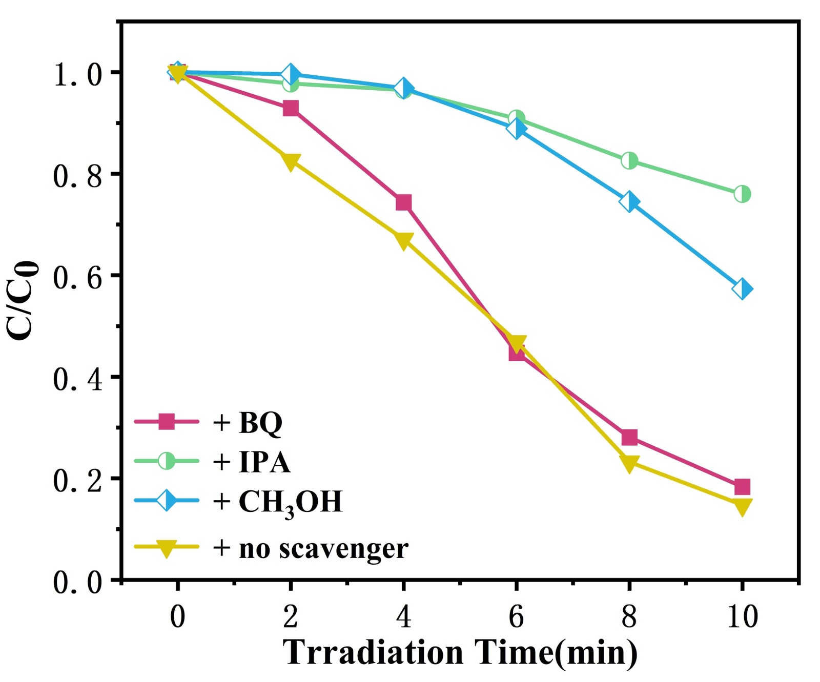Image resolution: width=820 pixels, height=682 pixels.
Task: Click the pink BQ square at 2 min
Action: tap(291, 108)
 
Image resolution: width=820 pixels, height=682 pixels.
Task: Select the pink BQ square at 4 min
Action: tap(403, 202)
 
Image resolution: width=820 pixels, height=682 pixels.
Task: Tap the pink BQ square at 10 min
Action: tap(742, 487)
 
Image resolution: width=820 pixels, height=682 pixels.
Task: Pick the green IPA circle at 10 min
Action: tap(742, 194)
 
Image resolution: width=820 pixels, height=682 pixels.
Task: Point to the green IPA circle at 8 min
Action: tap(629, 161)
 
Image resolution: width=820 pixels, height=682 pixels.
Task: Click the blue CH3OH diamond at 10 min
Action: tap(742, 289)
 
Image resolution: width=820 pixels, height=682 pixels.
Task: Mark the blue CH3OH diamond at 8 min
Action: tap(629, 202)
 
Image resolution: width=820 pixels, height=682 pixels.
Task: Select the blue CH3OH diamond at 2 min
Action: tap(291, 75)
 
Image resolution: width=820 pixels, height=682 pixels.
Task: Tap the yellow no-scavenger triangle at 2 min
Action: tap(291, 162)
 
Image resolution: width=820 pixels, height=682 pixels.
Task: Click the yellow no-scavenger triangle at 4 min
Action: tap(403, 240)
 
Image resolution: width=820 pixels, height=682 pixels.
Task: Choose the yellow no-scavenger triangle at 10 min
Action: tap(742, 506)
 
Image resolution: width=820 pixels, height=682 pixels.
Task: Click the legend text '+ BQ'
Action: tap(248, 423)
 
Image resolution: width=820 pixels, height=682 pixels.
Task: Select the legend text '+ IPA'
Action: tap(251, 462)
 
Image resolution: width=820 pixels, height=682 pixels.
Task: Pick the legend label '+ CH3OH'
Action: tap(277, 502)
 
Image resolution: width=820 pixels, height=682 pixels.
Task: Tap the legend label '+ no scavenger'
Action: tap(311, 548)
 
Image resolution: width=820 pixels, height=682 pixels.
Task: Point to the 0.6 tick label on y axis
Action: tap(77, 277)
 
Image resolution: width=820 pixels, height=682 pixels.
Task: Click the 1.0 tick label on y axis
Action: tap(77, 74)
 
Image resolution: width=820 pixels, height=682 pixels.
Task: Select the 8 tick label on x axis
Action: tap(629, 616)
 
